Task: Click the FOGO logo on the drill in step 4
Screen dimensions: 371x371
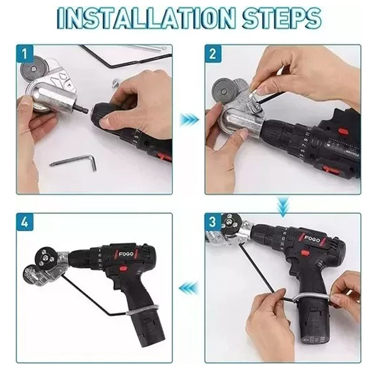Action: tap(126, 254)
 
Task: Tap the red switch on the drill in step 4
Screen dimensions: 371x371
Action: tap(124, 268)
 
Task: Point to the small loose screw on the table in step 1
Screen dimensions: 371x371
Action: tap(115, 83)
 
